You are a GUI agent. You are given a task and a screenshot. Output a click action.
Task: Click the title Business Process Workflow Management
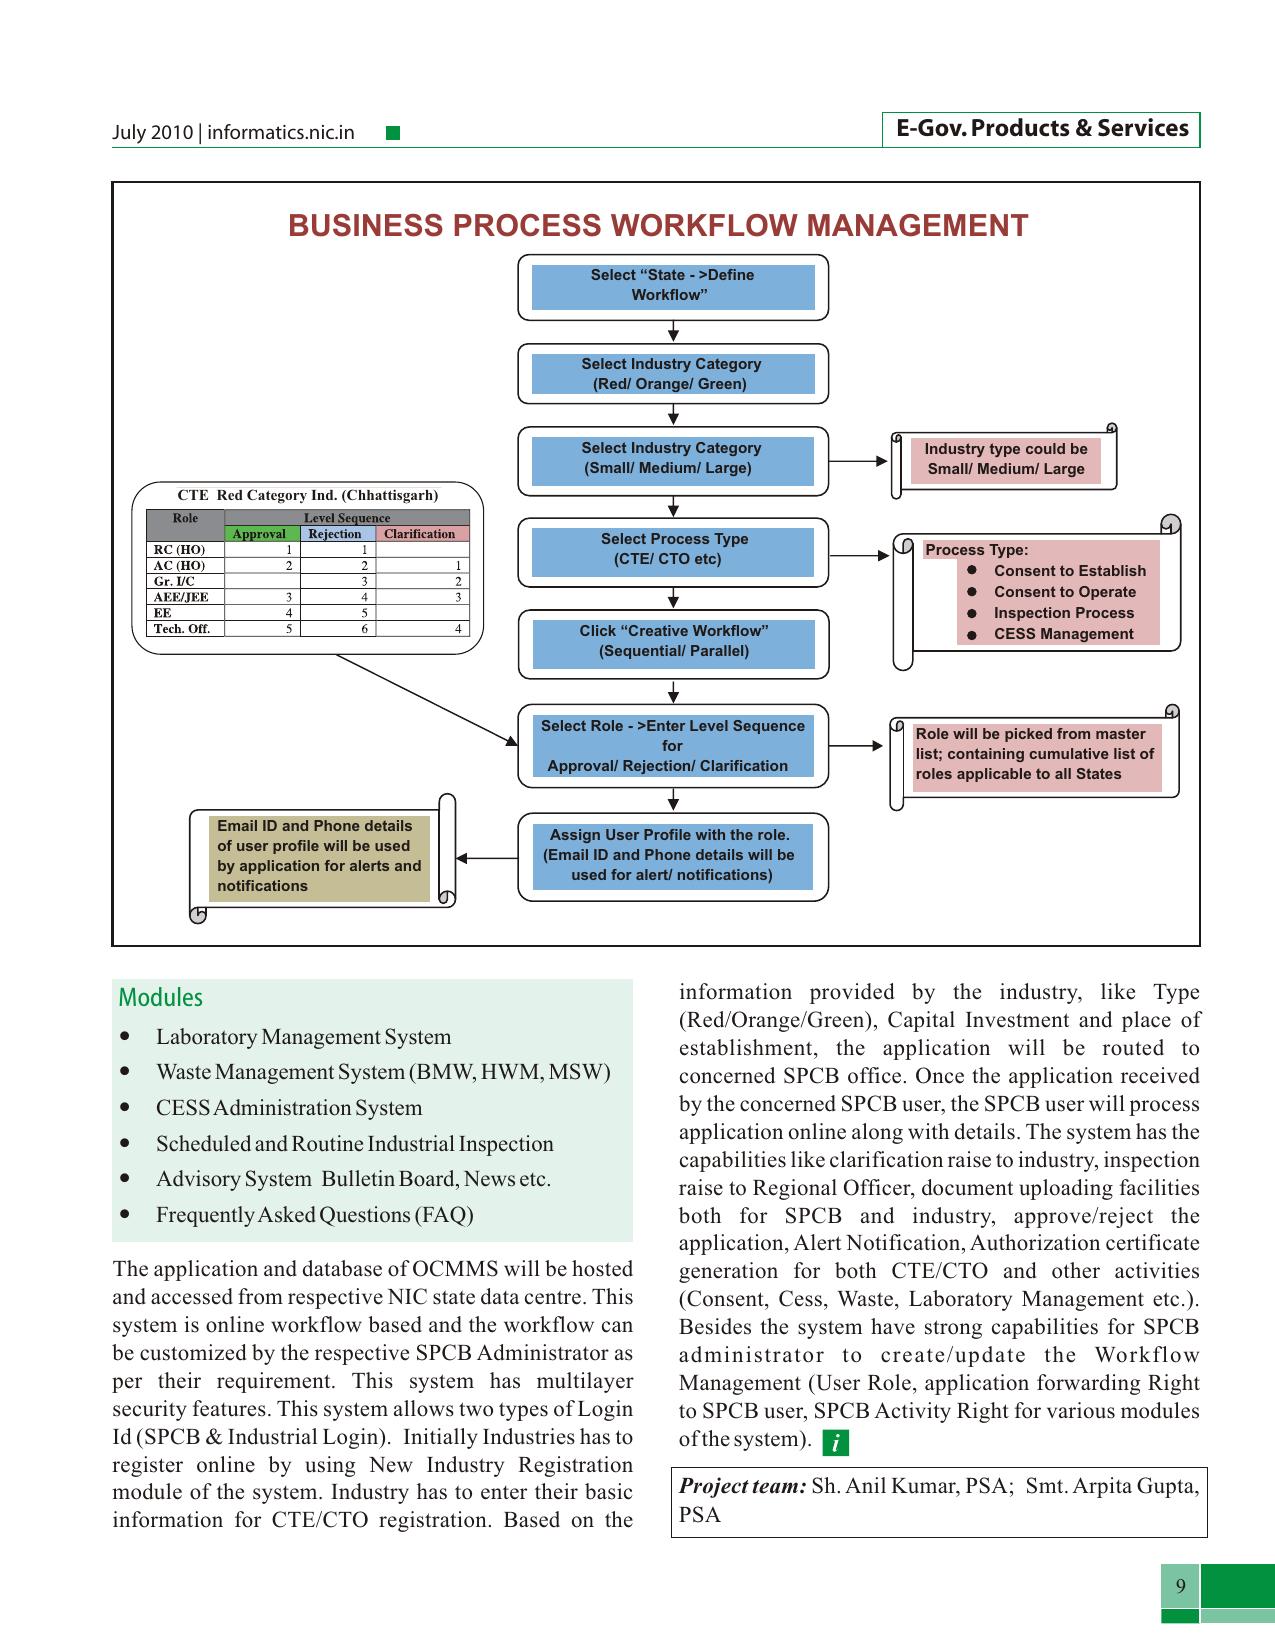click(x=658, y=226)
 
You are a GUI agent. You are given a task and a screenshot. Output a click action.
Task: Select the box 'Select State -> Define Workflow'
click(x=673, y=287)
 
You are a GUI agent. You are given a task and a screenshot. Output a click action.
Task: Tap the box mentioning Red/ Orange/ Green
click(x=673, y=374)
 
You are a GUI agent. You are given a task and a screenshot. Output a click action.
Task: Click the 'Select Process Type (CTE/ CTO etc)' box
click(x=673, y=552)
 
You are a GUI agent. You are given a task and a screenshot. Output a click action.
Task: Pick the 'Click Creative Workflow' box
click(x=673, y=644)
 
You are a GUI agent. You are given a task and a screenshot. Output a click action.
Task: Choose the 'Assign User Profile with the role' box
click(x=673, y=857)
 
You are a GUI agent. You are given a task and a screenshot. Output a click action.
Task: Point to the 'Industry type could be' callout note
click(x=1005, y=459)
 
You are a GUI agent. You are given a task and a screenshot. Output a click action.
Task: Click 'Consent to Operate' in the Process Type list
click(x=1065, y=592)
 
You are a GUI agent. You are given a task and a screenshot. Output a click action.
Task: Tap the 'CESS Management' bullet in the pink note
click(x=1063, y=634)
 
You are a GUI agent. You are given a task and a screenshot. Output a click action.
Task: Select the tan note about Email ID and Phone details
click(x=320, y=858)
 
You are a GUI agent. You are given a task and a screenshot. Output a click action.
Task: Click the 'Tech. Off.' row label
click(x=181, y=629)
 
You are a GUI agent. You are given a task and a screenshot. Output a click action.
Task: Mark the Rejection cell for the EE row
click(x=339, y=613)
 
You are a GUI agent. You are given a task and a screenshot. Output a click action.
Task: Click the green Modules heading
click(x=160, y=997)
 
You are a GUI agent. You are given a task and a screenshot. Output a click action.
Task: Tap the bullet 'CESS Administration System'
click(x=289, y=1108)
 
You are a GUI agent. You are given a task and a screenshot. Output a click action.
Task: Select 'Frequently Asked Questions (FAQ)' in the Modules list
click(x=314, y=1215)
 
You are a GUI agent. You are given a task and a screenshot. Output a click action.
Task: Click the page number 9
click(x=1180, y=1585)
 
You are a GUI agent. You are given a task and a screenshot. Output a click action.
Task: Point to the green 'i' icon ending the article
click(x=835, y=1443)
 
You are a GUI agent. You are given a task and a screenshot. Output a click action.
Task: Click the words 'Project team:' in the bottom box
click(x=743, y=1486)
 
